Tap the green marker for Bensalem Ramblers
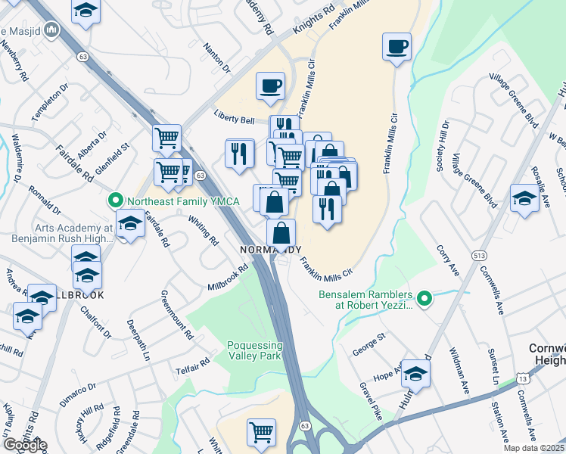click(424, 299)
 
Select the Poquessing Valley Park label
click(254, 350)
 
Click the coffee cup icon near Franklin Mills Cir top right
click(397, 47)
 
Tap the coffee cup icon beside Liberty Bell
click(270, 86)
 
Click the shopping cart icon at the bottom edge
click(261, 432)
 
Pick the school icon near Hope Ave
click(415, 374)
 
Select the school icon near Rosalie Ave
click(524, 198)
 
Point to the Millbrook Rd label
click(229, 278)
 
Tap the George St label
click(371, 350)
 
